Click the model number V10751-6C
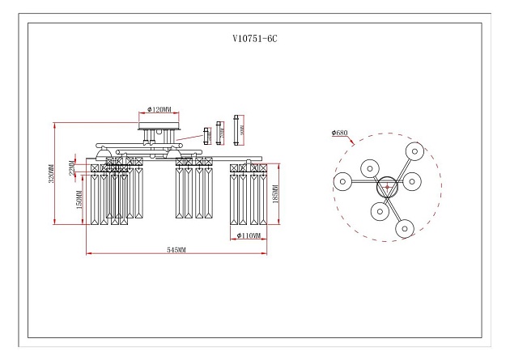(255, 38)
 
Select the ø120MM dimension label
(164, 108)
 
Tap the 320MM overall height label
(50, 174)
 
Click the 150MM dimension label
(79, 199)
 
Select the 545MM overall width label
(176, 251)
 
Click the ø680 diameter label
(340, 133)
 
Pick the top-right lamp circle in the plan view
(416, 150)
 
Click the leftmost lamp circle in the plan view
(342, 181)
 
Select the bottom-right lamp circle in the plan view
(404, 229)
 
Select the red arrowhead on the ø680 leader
(355, 144)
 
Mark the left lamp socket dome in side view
(103, 153)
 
